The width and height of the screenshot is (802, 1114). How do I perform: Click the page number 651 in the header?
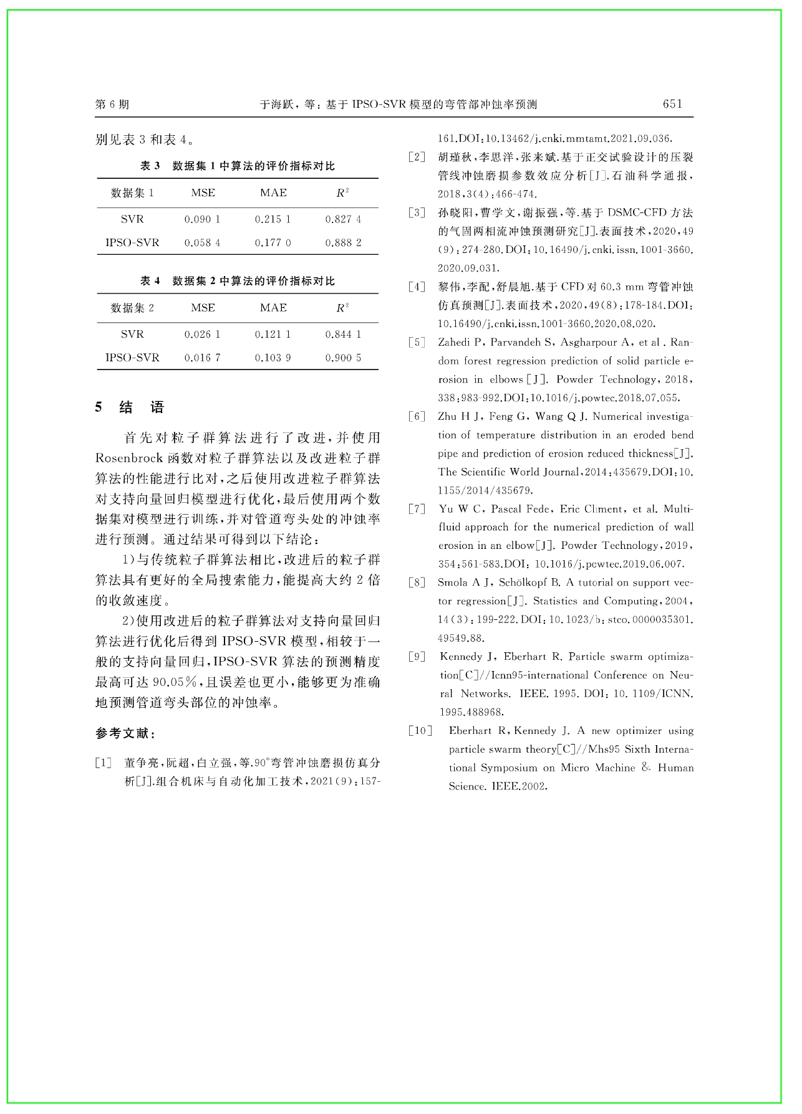pos(672,104)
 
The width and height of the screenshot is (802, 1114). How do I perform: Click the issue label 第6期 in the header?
pos(112,105)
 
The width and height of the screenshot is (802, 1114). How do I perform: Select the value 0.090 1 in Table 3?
pos(203,219)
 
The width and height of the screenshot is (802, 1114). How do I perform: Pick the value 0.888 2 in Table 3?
pos(343,243)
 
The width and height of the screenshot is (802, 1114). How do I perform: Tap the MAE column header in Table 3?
pos(273,193)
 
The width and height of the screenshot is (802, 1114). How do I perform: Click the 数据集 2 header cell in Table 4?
pos(132,308)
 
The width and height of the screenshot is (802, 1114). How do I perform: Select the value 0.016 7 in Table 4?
pos(203,358)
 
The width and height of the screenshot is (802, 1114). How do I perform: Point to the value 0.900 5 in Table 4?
pos(343,358)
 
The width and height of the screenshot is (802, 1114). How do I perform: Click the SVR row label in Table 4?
pos(132,335)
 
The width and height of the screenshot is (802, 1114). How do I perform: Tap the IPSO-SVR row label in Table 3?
pos(132,243)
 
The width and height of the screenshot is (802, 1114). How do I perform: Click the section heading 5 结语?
pos(130,407)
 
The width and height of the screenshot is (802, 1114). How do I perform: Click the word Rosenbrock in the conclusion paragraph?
pos(129,459)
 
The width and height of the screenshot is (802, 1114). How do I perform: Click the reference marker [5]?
pos(417,343)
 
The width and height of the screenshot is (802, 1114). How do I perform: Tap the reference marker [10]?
pos(420,731)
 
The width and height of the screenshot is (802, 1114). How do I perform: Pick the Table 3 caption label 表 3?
pos(150,166)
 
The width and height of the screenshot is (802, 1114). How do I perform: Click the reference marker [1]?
pos(104,763)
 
